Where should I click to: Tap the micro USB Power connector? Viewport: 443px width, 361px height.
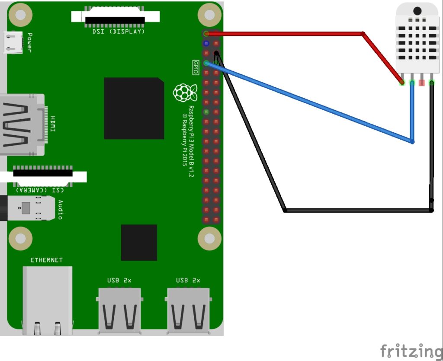[13, 42]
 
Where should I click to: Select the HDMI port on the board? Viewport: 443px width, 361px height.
[22, 125]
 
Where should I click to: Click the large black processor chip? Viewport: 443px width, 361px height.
[134, 109]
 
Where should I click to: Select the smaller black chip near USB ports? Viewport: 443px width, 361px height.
[139, 242]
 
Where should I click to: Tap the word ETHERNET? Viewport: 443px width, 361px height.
[46, 260]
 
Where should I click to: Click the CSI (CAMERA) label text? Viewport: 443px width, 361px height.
[40, 190]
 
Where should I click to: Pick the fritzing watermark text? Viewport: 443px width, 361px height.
[411, 350]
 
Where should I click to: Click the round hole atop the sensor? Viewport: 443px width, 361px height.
[417, 11]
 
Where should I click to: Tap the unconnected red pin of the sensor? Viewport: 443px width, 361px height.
[422, 82]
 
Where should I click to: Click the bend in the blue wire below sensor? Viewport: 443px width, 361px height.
[412, 141]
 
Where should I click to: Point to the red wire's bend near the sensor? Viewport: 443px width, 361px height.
[363, 33]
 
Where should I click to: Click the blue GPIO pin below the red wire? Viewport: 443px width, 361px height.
[206, 43]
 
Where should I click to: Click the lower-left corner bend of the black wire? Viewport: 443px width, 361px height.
[285, 210]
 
